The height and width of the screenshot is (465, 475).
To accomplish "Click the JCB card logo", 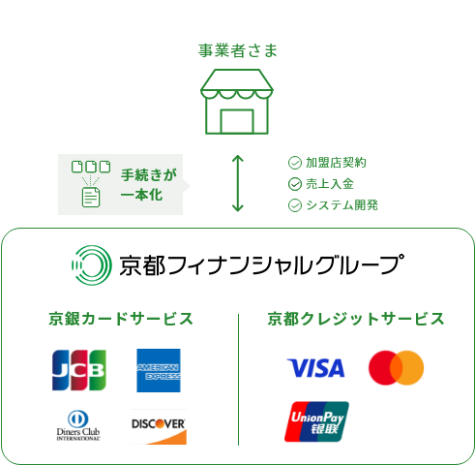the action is (x=79, y=370).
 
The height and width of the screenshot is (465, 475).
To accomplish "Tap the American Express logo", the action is (x=159, y=370).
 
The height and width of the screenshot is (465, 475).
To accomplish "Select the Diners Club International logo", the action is (x=78, y=425).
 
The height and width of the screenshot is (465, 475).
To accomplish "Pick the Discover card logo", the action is (x=159, y=427).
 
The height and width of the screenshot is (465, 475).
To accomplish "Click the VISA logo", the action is (x=315, y=368).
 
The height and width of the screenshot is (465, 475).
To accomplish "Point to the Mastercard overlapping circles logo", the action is (x=396, y=368).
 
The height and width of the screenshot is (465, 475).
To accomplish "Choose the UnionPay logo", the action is (x=316, y=421).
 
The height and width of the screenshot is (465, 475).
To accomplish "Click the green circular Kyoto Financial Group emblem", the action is (x=92, y=265).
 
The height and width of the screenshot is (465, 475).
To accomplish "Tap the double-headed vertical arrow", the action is (x=238, y=183).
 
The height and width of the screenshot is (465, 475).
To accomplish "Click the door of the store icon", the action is (x=237, y=121).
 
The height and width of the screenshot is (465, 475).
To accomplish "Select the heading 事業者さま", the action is (x=238, y=51).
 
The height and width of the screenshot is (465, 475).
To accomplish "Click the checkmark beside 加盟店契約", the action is (x=295, y=163).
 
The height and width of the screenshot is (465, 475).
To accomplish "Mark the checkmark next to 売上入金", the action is (x=295, y=184).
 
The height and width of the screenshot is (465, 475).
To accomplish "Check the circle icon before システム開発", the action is (x=295, y=205).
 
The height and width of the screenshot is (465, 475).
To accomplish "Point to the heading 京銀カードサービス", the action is (x=121, y=319).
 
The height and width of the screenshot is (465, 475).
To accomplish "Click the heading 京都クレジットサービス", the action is (x=356, y=319).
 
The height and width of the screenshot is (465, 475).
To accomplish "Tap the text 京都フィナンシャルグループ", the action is (x=261, y=265).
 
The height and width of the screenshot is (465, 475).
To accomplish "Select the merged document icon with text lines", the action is (x=91, y=197).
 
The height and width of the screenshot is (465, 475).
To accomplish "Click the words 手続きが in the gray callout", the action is (x=149, y=174).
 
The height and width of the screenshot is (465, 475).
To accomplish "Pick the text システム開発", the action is (x=342, y=205).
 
